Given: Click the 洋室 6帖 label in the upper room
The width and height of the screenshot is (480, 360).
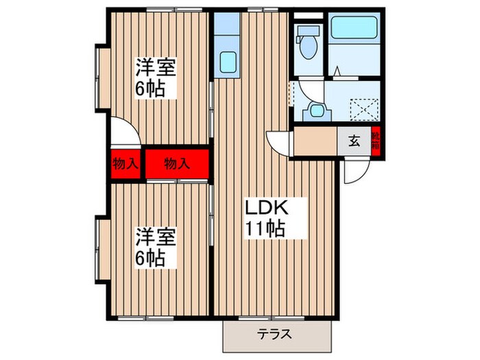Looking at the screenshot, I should (x=156, y=77).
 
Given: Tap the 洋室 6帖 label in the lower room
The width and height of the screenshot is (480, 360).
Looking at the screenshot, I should (x=156, y=247).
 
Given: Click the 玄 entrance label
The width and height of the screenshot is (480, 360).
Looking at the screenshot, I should (x=354, y=142).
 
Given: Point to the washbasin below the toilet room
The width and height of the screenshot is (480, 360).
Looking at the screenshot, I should (x=316, y=110).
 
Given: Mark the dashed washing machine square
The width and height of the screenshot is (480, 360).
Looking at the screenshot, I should (x=365, y=109).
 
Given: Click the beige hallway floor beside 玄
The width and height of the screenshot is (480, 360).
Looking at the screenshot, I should (x=315, y=142).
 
